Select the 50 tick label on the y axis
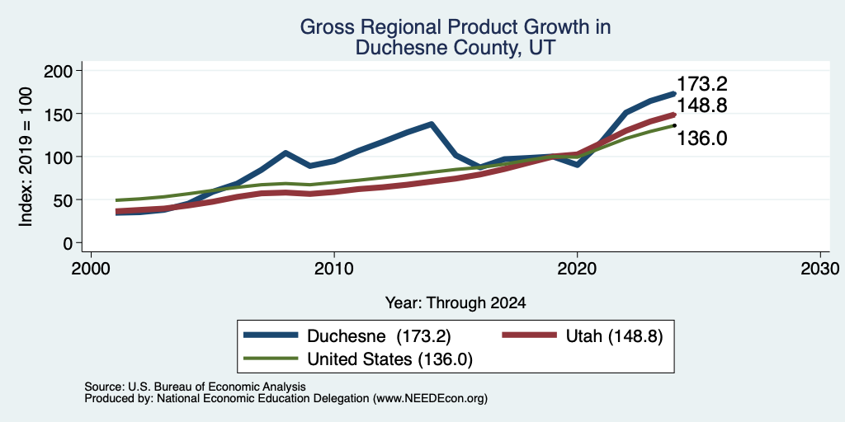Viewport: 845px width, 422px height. pyautogui.click(x=64, y=200)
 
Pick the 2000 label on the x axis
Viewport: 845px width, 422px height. pyautogui.click(x=91, y=269)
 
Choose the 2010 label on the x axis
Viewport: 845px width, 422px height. pyautogui.click(x=334, y=269)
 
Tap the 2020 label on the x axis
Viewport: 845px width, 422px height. pyautogui.click(x=577, y=269)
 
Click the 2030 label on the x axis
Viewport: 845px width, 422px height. pyautogui.click(x=819, y=269)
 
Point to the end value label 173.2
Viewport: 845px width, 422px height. pyautogui.click(x=701, y=85)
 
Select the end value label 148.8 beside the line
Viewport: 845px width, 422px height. pyautogui.click(x=701, y=105)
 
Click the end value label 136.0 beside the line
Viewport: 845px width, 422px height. pyautogui.click(x=701, y=138)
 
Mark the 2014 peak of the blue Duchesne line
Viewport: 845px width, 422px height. pyautogui.click(x=431, y=124)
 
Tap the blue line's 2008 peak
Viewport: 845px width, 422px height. pyautogui.click(x=286, y=152)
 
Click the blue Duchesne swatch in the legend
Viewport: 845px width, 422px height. pyautogui.click(x=271, y=335)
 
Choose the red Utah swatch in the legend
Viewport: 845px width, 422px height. pyautogui.click(x=529, y=335)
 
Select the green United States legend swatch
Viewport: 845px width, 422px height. pyautogui.click(x=271, y=358)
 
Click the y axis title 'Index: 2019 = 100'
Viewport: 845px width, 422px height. pyautogui.click(x=26, y=157)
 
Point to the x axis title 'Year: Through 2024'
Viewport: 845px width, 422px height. pyautogui.click(x=456, y=303)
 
